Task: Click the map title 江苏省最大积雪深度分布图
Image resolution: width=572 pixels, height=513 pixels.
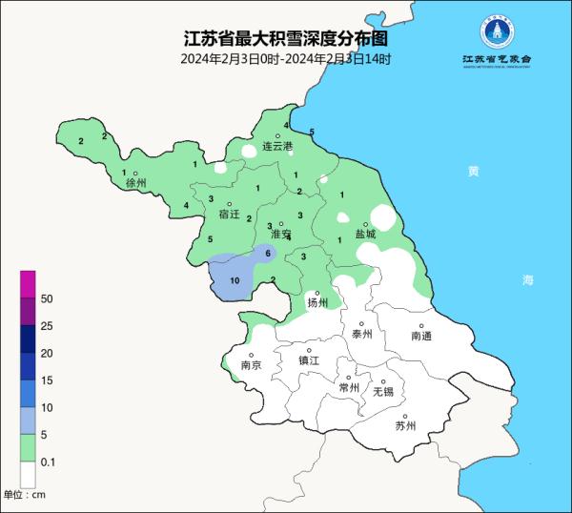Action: (286, 40)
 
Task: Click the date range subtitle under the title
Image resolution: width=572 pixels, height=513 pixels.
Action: (286, 58)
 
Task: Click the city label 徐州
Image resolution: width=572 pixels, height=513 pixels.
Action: (135, 183)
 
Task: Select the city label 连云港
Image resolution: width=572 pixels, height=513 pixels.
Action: (278, 146)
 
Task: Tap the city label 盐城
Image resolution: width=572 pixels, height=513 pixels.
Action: (365, 234)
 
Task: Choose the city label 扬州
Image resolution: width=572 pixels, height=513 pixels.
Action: (317, 302)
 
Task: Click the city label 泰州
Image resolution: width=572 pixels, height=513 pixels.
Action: (362, 334)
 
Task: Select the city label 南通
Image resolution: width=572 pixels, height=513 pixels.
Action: (421, 336)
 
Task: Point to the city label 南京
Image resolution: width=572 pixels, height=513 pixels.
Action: (252, 364)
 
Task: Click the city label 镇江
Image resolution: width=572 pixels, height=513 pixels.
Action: (309, 360)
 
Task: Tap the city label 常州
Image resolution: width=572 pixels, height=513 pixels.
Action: (349, 388)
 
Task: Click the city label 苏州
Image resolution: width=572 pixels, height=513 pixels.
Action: (405, 426)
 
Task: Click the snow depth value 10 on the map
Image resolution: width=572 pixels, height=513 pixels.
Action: (235, 280)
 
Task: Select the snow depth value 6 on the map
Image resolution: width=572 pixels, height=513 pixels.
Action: (269, 253)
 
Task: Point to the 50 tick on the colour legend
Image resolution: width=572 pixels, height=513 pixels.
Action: (47, 299)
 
